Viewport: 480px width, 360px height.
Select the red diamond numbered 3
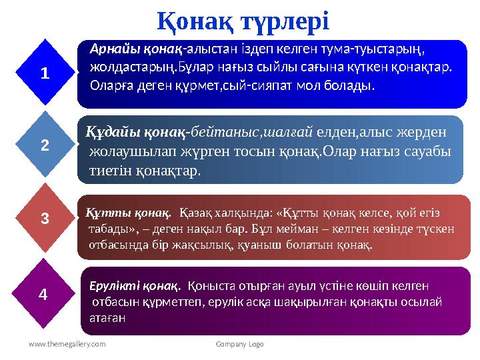click(x=45, y=217)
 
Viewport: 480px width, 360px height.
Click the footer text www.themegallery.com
click(x=67, y=344)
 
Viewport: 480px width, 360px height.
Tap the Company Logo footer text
click(x=240, y=344)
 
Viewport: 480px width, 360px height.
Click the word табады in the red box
click(x=107, y=229)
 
